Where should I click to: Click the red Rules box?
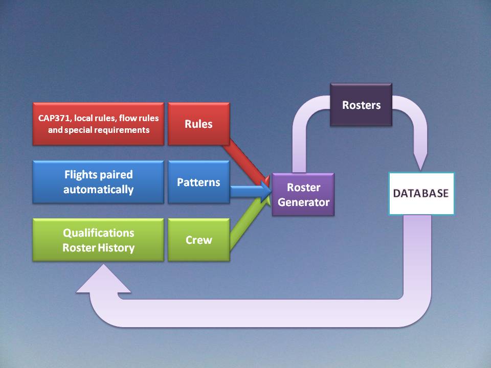(x=198, y=124)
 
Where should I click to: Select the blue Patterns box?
(x=198, y=182)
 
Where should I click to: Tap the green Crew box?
(x=198, y=240)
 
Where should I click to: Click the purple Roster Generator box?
(x=303, y=195)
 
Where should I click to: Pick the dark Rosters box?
(x=361, y=105)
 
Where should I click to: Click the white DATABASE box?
(x=421, y=194)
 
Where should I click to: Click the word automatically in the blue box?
(x=98, y=190)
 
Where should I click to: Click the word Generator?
(x=303, y=202)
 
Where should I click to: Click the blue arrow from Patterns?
(x=248, y=191)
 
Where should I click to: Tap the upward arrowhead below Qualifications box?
(x=103, y=281)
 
